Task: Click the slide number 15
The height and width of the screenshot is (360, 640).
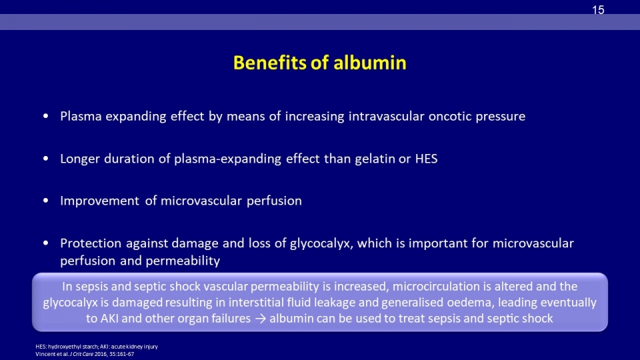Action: pyautogui.click(x=598, y=10)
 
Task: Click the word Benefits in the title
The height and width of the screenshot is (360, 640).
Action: pyautogui.click(x=269, y=63)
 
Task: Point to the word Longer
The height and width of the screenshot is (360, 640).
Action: pyautogui.click(x=79, y=159)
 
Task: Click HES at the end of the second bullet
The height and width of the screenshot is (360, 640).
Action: pyautogui.click(x=426, y=159)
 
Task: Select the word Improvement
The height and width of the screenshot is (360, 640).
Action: pyautogui.click(x=99, y=201)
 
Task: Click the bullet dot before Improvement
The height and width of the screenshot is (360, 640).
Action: pyautogui.click(x=46, y=201)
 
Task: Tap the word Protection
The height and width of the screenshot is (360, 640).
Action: pyautogui.click(x=91, y=243)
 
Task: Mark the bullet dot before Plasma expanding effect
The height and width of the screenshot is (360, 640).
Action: pyautogui.click(x=46, y=116)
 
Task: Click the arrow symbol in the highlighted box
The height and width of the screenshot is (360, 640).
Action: pyautogui.click(x=260, y=319)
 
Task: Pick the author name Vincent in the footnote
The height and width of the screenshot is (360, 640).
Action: pyautogui.click(x=45, y=354)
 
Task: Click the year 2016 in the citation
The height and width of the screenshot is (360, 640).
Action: pyautogui.click(x=101, y=354)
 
